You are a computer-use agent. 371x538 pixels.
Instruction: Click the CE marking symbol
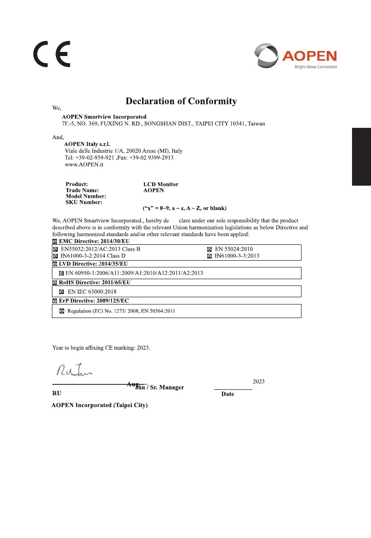[x=51, y=55]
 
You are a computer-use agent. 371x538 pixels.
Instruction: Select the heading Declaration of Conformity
[x=181, y=101]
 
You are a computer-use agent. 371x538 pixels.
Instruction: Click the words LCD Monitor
[x=161, y=184]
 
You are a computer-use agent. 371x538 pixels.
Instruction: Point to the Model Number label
[x=86, y=196]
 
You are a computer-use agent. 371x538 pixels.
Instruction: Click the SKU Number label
[x=84, y=202]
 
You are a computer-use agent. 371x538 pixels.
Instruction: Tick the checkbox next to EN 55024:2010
[x=209, y=249]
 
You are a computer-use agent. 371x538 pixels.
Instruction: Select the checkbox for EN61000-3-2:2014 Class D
[x=56, y=256]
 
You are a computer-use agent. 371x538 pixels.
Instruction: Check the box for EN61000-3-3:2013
[x=209, y=256]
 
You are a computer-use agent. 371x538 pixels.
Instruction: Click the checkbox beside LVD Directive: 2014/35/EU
[x=55, y=263]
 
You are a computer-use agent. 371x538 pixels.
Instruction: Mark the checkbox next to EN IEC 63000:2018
[x=61, y=292]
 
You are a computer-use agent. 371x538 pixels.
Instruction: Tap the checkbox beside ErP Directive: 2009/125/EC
[x=55, y=301]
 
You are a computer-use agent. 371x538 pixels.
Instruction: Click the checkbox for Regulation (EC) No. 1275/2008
[x=62, y=311]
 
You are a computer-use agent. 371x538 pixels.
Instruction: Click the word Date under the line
[x=227, y=394]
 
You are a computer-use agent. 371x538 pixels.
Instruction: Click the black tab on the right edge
[x=361, y=156]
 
